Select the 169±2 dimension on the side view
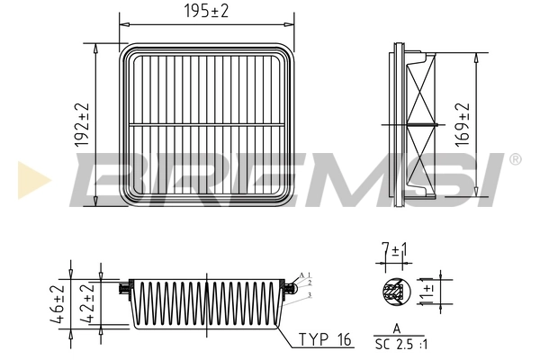pyautogui.click(x=463, y=123)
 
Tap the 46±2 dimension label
pyautogui.click(x=57, y=306)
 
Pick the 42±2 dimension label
pyautogui.click(x=87, y=306)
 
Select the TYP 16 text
pyautogui.click(x=323, y=339)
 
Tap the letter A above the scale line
pyautogui.click(x=396, y=328)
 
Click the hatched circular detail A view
pyautogui.click(x=392, y=290)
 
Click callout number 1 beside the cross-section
pyautogui.click(x=309, y=274)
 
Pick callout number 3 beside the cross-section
pyautogui.click(x=309, y=294)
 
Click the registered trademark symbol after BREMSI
pyautogui.click(x=514, y=159)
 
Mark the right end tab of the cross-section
pyautogui.click(x=292, y=290)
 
